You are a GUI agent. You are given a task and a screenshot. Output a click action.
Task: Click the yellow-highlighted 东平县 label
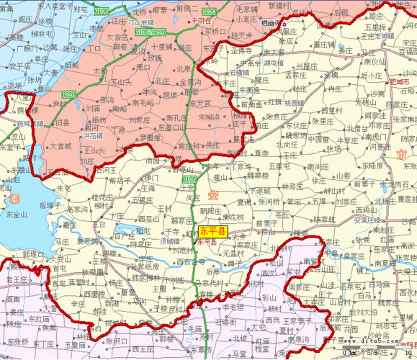pyautogui.click(x=212, y=232)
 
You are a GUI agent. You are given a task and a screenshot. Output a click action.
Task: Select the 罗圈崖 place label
pyautogui.click(x=151, y=138)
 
